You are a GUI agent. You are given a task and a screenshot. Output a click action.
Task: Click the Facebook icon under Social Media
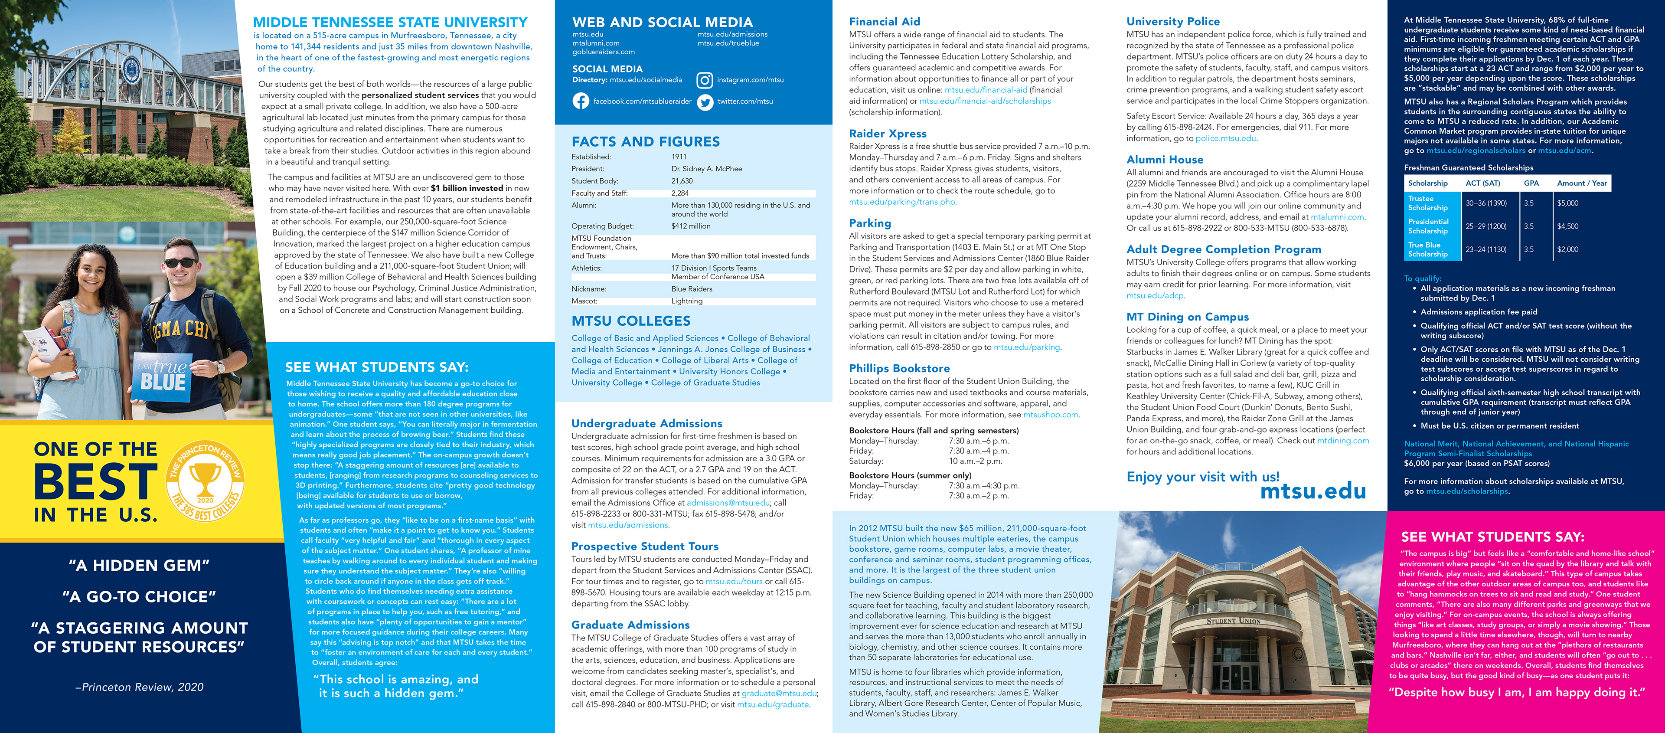click(581, 101)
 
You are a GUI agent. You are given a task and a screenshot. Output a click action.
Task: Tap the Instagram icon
click(705, 80)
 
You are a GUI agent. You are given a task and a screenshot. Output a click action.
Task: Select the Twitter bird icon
click(705, 101)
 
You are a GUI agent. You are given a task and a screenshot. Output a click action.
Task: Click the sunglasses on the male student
click(180, 262)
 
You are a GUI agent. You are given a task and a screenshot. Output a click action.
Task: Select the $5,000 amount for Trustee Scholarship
click(1567, 203)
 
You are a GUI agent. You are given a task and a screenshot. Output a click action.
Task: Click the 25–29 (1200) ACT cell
click(1486, 226)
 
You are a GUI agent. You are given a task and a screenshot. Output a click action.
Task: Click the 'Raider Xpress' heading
click(888, 134)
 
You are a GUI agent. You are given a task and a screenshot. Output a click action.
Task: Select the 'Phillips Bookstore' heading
click(899, 368)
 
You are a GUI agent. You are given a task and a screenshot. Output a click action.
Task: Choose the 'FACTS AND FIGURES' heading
click(645, 141)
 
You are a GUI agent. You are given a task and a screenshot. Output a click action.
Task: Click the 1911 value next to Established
click(679, 157)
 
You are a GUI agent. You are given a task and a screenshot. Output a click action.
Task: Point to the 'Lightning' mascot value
click(686, 301)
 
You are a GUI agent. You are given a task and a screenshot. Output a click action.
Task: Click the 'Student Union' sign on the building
click(1233, 621)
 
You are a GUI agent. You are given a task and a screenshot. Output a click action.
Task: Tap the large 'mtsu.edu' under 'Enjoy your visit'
click(1313, 491)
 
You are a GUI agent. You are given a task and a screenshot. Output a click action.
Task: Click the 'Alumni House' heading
click(1165, 160)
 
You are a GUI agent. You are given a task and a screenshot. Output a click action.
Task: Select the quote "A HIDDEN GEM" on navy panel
click(139, 566)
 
